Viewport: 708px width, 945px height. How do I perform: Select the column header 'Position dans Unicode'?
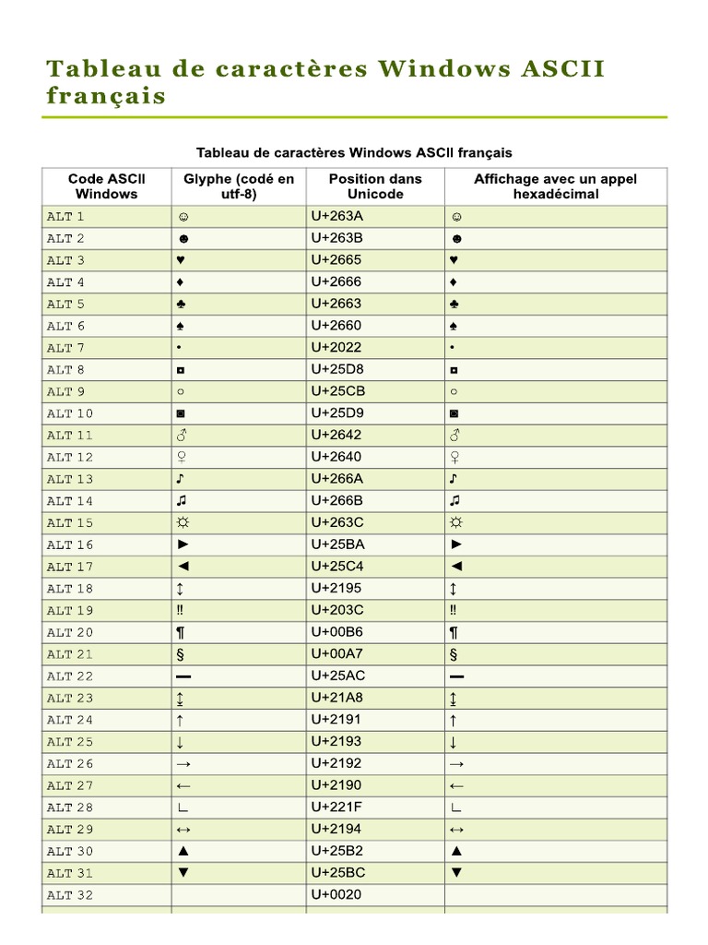[x=375, y=185]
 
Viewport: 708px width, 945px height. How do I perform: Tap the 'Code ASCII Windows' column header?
[x=107, y=185]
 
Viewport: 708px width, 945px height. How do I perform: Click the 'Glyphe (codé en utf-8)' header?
[x=239, y=185]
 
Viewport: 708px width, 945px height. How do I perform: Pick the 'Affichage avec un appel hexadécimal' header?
[x=555, y=185]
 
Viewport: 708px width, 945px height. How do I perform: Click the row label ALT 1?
[x=65, y=217]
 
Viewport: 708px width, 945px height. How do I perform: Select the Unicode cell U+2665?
[x=336, y=260]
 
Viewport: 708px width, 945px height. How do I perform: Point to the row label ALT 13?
[x=70, y=479]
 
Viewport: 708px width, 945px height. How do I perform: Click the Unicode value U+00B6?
[x=336, y=632]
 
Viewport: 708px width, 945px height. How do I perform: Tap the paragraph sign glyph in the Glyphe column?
[x=182, y=632]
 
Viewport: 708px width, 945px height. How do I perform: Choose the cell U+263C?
[x=336, y=522]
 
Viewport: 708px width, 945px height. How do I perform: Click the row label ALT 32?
[x=70, y=895]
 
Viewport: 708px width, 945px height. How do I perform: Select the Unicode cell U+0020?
[x=336, y=894]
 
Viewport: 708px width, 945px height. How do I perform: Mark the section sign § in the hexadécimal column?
[x=454, y=654]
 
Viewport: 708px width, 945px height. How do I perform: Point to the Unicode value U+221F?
[x=336, y=807]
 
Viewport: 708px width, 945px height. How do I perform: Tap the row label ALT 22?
[x=70, y=676]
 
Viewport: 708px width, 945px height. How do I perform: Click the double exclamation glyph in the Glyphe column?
[x=181, y=610]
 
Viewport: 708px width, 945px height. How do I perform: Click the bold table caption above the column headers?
[x=354, y=152]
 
